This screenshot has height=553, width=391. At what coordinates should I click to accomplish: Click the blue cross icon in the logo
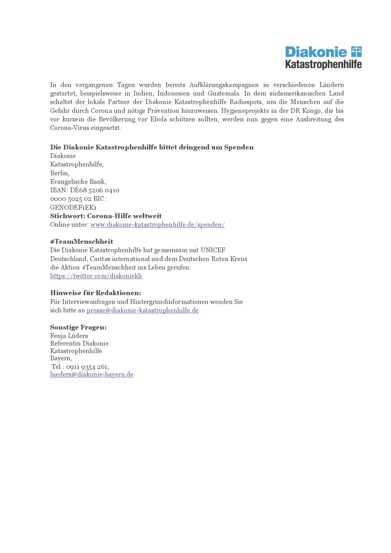(x=356, y=52)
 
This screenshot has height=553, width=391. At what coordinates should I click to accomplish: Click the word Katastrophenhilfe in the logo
(x=323, y=64)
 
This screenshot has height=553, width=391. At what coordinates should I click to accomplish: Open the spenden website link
(x=158, y=224)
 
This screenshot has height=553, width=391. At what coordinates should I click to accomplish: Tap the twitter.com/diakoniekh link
(x=96, y=276)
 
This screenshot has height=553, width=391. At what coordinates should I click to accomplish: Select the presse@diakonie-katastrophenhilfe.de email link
(x=143, y=310)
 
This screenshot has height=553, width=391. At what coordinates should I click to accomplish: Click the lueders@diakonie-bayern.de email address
(x=92, y=374)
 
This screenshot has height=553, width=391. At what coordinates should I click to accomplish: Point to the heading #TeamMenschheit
(x=81, y=242)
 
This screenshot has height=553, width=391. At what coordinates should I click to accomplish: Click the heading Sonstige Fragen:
(x=78, y=327)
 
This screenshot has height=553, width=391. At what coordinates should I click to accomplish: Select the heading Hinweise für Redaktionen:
(x=96, y=293)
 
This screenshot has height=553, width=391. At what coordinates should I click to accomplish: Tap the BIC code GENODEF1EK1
(x=73, y=207)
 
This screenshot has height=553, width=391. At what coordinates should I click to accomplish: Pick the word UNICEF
(x=213, y=250)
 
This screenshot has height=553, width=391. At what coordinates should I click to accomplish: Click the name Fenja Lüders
(x=69, y=336)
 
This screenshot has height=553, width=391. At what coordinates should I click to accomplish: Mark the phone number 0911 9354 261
(x=87, y=367)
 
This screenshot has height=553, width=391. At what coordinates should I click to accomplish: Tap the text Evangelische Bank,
(x=78, y=182)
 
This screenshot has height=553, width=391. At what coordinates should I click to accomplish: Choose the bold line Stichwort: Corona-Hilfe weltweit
(x=106, y=216)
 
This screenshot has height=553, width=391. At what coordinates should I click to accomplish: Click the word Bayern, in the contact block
(x=61, y=358)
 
